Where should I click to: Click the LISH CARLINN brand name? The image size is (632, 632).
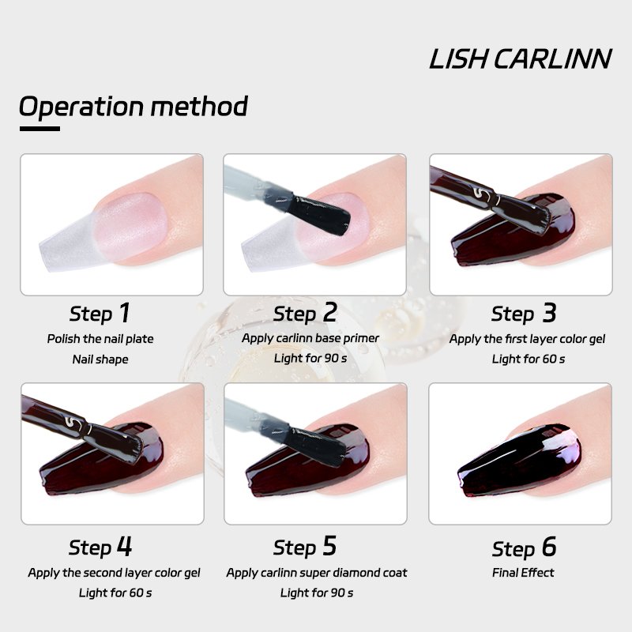[x=521, y=59]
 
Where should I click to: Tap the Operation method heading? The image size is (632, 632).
[x=134, y=107]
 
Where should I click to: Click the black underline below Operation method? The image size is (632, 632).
[x=40, y=129]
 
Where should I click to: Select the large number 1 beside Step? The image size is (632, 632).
[x=125, y=312]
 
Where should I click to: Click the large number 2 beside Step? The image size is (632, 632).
[x=329, y=312]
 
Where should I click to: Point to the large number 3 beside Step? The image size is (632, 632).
[x=549, y=312]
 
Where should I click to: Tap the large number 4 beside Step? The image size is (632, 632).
[x=125, y=546]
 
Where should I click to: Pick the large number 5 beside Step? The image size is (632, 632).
[x=329, y=546]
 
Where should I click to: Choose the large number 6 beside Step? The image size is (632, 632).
[x=549, y=547]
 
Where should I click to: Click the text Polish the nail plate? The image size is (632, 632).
[x=100, y=339]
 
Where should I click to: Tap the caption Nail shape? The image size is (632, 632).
[x=100, y=359]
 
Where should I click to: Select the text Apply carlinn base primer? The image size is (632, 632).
[x=310, y=338]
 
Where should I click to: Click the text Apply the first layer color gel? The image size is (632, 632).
[x=527, y=339]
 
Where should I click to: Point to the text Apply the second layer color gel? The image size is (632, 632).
[x=114, y=573]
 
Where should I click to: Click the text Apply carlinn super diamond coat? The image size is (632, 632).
[x=317, y=573]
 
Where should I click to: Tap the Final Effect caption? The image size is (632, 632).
[x=523, y=572]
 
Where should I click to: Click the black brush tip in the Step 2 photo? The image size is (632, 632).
[x=320, y=214]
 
